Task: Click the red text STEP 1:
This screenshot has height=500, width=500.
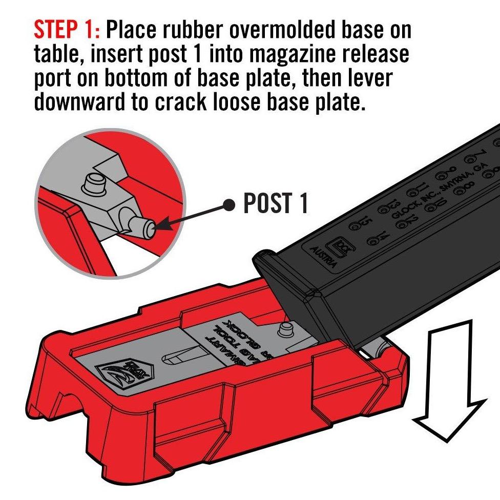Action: point(66,30)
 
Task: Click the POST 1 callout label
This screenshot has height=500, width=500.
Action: point(276,204)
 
